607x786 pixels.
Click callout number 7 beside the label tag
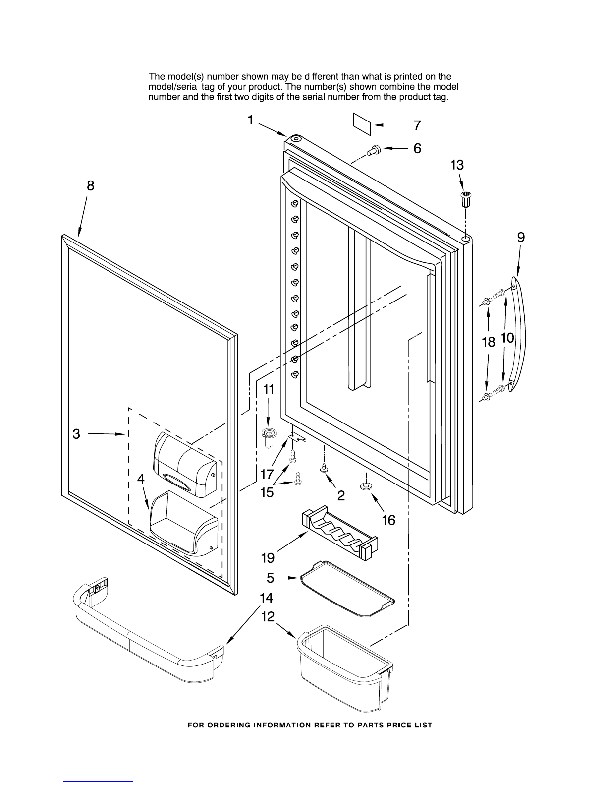417,125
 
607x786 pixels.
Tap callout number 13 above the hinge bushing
457,165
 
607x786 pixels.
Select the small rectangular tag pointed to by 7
362,124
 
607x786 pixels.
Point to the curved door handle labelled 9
518,334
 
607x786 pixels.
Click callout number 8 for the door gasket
90,185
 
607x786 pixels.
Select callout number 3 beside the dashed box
76,434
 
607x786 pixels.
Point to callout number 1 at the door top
251,120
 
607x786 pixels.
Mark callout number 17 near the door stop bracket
267,474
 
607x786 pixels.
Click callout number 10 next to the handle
507,338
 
